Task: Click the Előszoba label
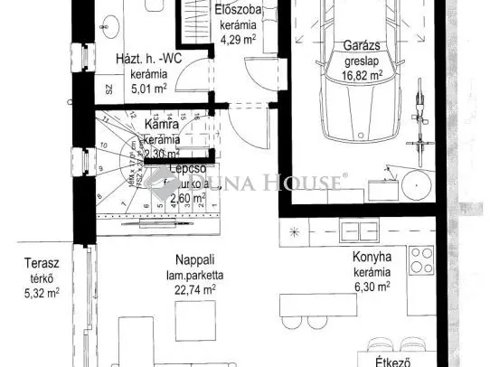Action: coord(240,11)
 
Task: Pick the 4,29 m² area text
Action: coord(240,39)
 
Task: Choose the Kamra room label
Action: coord(163,125)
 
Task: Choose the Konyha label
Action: coord(371,256)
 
